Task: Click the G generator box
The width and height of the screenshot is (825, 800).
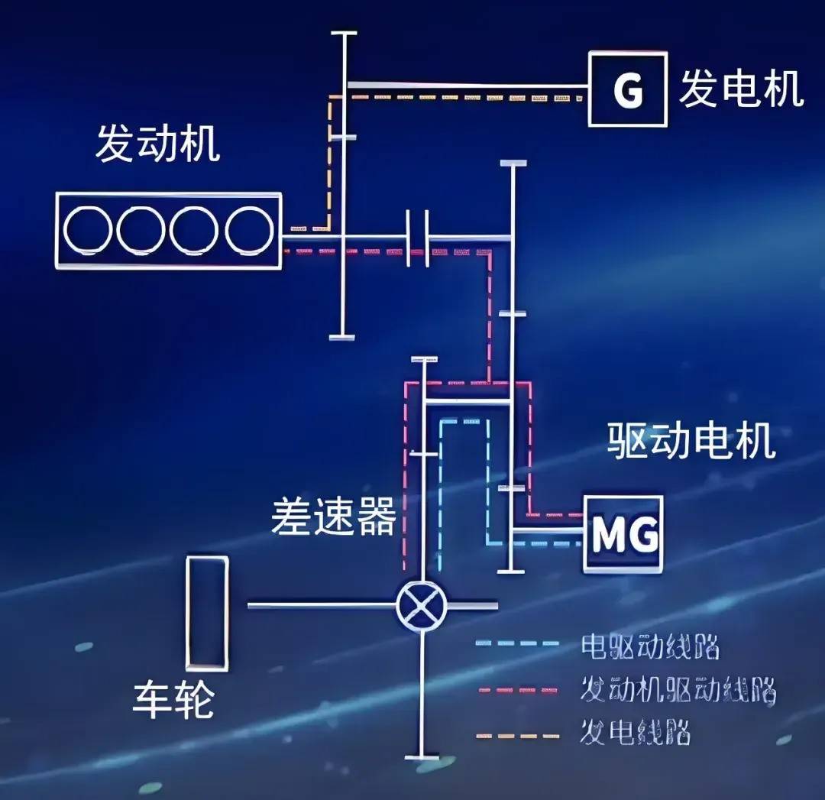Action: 628,89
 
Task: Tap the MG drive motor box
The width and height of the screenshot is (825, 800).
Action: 623,534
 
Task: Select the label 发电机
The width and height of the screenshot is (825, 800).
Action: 741,89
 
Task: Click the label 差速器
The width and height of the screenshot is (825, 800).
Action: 334,517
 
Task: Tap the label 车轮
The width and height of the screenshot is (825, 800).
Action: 173,700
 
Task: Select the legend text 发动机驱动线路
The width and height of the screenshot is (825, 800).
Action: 678,691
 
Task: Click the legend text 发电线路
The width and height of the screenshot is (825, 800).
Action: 636,732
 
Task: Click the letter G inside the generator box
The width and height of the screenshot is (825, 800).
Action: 628,90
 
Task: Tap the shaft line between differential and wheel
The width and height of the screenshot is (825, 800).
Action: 321,605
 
